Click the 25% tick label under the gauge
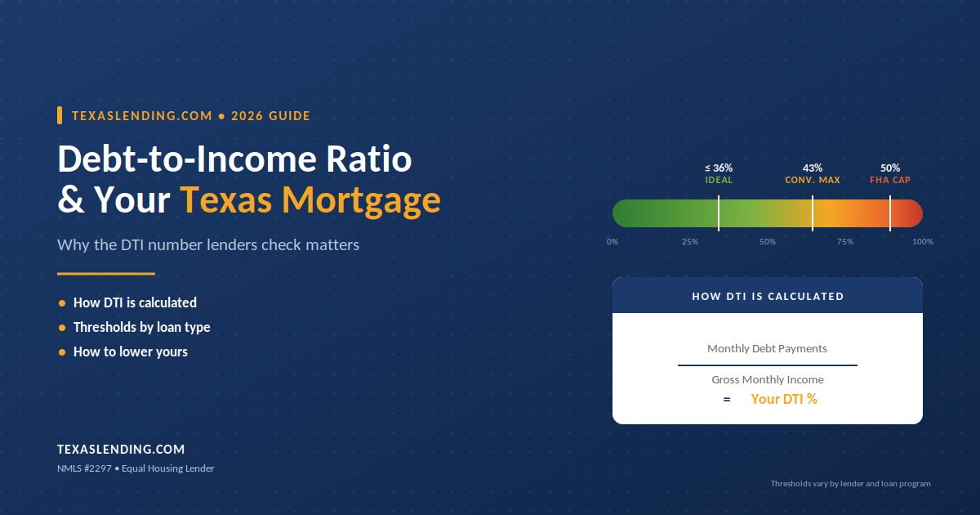690,242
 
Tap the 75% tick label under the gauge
845,242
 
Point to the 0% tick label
612,242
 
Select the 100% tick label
923,242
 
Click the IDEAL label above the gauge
719,180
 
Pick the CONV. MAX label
813,180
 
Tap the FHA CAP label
890,180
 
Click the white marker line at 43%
813,213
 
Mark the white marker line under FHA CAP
890,213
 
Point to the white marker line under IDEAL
719,213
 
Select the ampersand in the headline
71,199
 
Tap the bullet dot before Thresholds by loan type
62,328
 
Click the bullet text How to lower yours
131,352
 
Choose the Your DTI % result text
784,399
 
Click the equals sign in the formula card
727,400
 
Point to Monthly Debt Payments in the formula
768,348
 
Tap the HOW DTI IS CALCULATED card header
768,297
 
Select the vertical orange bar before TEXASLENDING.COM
60,115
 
